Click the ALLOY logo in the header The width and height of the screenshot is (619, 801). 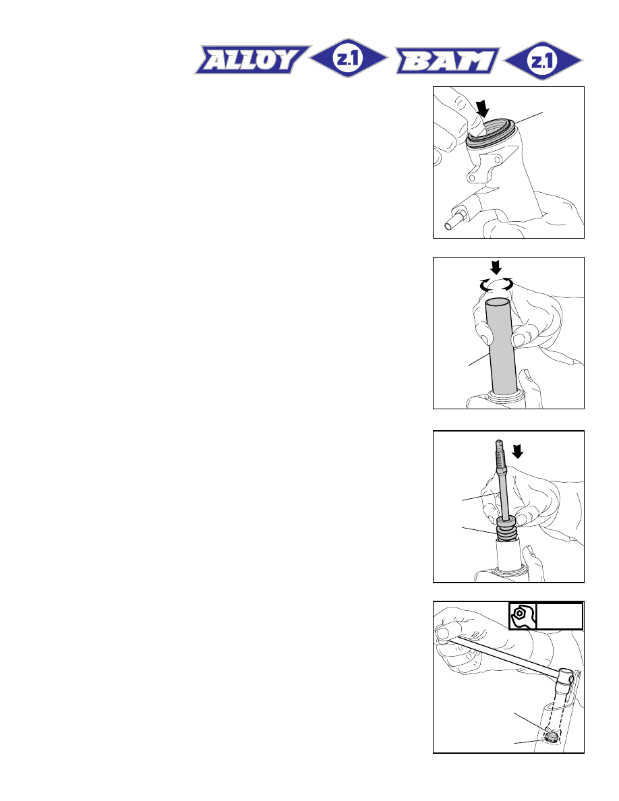click(x=252, y=60)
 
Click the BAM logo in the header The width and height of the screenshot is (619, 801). click(x=448, y=61)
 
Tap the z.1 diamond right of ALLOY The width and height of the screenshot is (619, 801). click(x=349, y=58)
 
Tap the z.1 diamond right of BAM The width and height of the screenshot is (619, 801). click(x=543, y=61)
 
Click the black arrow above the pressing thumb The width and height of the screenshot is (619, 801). click(x=482, y=109)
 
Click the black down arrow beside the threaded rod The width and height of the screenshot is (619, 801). click(x=518, y=451)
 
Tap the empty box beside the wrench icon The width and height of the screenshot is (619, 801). click(x=559, y=616)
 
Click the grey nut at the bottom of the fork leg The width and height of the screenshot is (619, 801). click(x=551, y=736)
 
